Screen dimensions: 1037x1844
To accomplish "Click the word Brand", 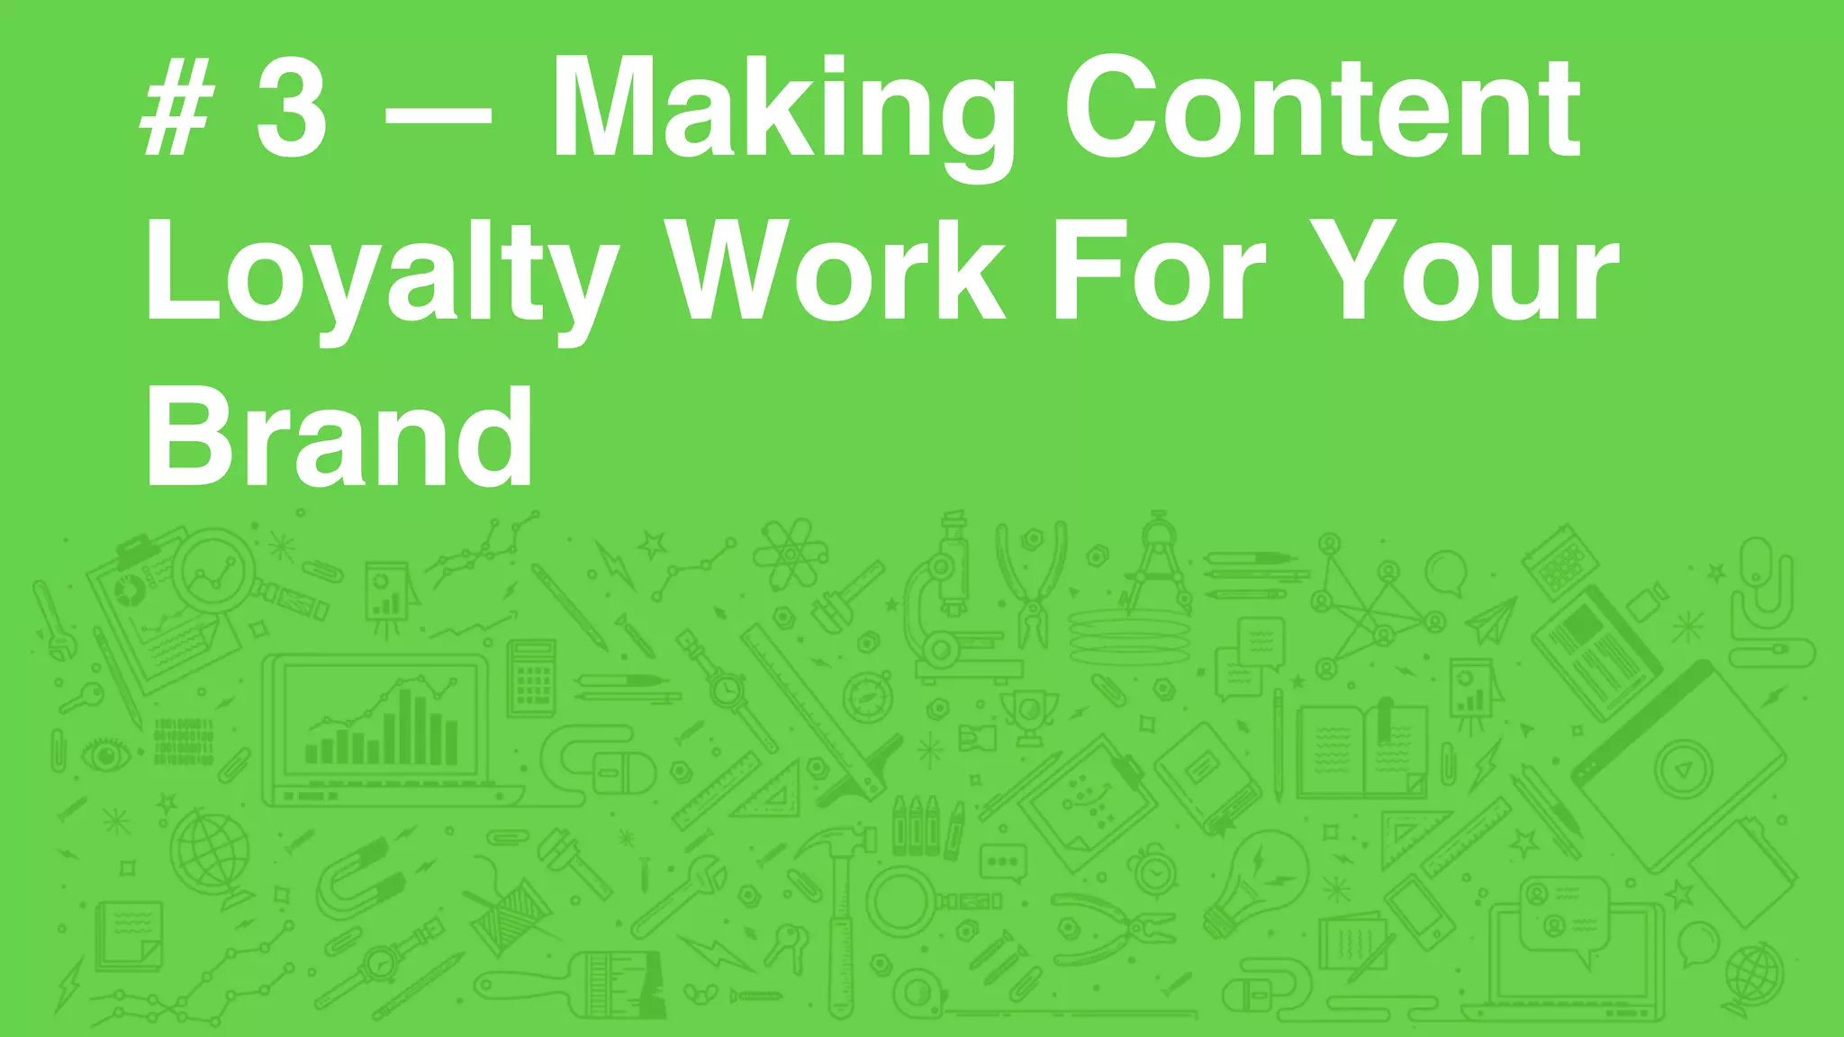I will pyautogui.click(x=339, y=436).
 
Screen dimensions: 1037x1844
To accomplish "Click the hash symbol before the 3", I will pyautogui.click(x=177, y=112).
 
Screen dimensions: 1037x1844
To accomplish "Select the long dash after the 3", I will pyautogui.click(x=438, y=115).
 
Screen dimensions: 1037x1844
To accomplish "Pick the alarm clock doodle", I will pyautogui.click(x=1153, y=870).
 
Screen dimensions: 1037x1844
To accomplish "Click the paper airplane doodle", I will pyautogui.click(x=1490, y=621).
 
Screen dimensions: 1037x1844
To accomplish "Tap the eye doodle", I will pyautogui.click(x=106, y=754).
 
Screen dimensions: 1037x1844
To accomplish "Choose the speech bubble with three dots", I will pyautogui.click(x=1002, y=861).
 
